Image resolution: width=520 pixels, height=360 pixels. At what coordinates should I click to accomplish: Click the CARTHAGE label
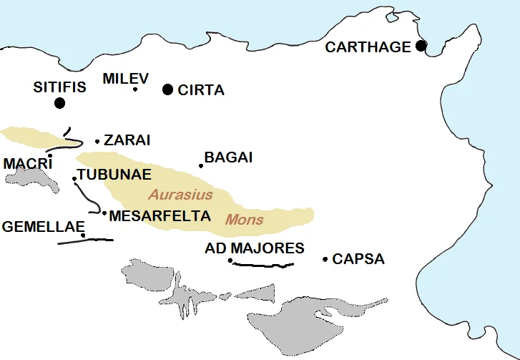point(368,47)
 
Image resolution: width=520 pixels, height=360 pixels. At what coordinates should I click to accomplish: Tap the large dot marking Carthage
point(421,46)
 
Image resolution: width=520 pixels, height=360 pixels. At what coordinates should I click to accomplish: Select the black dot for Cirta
point(167,89)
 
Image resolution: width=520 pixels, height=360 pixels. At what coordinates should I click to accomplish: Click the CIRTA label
point(201,90)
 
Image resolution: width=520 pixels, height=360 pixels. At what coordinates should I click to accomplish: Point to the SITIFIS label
point(59,87)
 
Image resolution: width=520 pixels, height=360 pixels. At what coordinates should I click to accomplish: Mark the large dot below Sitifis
point(59,103)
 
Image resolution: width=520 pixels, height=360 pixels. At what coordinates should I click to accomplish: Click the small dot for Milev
point(135,89)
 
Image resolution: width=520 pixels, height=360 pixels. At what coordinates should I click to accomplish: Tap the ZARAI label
point(127,140)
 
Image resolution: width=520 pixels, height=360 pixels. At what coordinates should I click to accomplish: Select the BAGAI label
point(228,157)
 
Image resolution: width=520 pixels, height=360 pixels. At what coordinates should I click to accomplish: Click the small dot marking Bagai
point(201,166)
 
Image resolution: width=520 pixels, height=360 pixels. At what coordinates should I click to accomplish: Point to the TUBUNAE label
point(114,175)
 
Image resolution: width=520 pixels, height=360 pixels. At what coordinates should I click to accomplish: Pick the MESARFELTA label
point(160,215)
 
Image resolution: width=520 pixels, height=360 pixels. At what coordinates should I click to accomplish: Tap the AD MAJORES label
point(254,248)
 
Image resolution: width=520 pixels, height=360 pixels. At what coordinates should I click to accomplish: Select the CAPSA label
point(358,258)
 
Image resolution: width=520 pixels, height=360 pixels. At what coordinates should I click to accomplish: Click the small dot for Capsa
point(325,259)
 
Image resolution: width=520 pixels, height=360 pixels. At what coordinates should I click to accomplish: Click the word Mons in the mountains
point(245,220)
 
